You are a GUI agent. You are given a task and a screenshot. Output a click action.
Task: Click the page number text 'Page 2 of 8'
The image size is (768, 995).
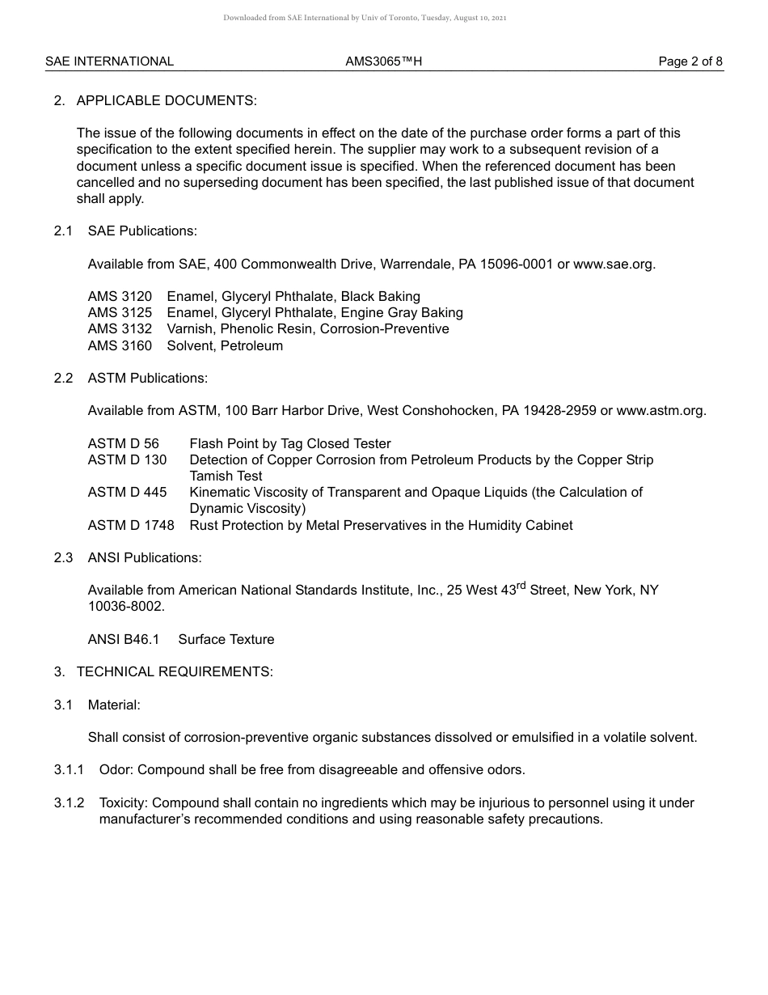tap(690, 61)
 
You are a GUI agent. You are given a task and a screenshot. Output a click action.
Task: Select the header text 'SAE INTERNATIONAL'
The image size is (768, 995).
tap(109, 61)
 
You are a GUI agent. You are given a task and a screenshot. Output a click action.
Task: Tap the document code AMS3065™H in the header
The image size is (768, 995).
tap(383, 61)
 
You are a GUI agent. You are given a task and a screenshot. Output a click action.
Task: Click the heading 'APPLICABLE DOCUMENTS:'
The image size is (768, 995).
tap(166, 100)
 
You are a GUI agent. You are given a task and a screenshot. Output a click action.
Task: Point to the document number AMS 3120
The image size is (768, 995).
tap(120, 296)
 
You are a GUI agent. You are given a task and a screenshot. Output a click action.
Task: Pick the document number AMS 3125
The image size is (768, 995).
tap(120, 312)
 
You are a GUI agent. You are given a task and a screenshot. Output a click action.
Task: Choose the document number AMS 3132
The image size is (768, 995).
tap(120, 329)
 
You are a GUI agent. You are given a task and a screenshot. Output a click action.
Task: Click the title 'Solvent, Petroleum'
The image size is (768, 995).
tap(225, 345)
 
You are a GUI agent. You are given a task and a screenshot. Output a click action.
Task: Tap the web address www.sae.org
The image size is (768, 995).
tap(614, 264)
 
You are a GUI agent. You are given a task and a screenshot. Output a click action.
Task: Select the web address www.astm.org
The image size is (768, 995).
tap(660, 410)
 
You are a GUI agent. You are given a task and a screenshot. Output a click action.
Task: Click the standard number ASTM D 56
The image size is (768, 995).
tap(124, 443)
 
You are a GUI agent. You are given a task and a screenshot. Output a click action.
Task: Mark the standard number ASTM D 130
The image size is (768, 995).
tap(127, 459)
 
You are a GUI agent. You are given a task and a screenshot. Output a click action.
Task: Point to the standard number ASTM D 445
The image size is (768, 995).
tap(127, 492)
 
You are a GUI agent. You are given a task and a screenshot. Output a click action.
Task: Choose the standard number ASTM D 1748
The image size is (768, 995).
tap(131, 525)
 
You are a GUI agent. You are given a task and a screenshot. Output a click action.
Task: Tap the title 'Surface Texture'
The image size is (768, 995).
tap(226, 639)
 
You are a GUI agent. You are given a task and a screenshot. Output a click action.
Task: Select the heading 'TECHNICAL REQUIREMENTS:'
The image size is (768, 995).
tap(175, 671)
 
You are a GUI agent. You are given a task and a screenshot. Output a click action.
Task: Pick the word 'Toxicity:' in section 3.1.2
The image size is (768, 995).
tap(124, 802)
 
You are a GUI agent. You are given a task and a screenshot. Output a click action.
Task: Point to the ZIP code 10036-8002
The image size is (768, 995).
tap(126, 606)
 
